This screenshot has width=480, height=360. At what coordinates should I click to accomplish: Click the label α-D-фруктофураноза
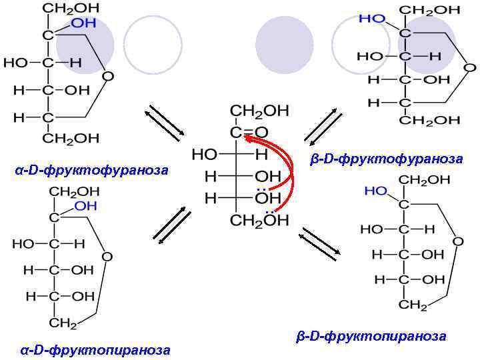91,171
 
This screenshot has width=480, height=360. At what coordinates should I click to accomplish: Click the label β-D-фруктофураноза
387,159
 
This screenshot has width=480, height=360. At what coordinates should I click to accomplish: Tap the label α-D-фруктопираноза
95,349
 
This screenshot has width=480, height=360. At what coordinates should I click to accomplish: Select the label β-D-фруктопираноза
371,336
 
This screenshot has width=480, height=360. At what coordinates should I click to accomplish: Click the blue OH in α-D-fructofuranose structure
83,23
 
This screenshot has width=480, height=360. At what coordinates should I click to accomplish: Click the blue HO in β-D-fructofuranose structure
372,19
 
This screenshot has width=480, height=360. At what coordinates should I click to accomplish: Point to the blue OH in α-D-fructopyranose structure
86,206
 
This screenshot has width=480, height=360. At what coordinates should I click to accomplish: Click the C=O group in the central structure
249,131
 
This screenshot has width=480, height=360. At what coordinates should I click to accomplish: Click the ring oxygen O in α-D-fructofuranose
107,76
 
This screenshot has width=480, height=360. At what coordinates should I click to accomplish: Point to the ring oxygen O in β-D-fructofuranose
469,67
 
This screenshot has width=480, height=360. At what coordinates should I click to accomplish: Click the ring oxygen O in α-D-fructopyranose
107,256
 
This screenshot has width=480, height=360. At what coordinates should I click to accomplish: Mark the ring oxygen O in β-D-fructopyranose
457,241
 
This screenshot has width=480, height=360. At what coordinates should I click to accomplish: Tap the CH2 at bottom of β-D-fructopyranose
413,305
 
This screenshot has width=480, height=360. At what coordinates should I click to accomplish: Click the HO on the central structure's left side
205,154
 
